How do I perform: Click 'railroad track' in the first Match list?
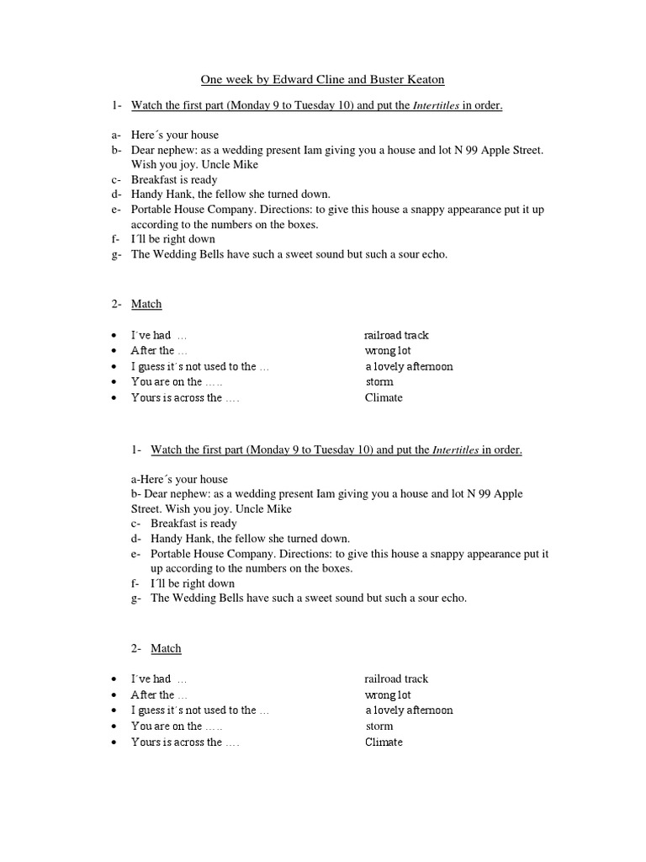(x=396, y=335)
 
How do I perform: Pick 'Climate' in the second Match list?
(x=384, y=742)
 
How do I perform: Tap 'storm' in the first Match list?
(x=379, y=381)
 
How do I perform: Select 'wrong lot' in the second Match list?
(x=388, y=694)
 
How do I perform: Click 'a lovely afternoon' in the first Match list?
(x=409, y=366)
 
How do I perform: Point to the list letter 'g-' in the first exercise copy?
(x=115, y=254)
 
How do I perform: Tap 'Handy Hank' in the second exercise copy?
(x=180, y=538)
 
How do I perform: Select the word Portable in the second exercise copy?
(x=172, y=554)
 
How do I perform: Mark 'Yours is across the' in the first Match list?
(x=177, y=397)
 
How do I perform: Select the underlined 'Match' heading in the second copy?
(x=166, y=648)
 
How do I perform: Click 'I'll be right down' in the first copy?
(x=173, y=239)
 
